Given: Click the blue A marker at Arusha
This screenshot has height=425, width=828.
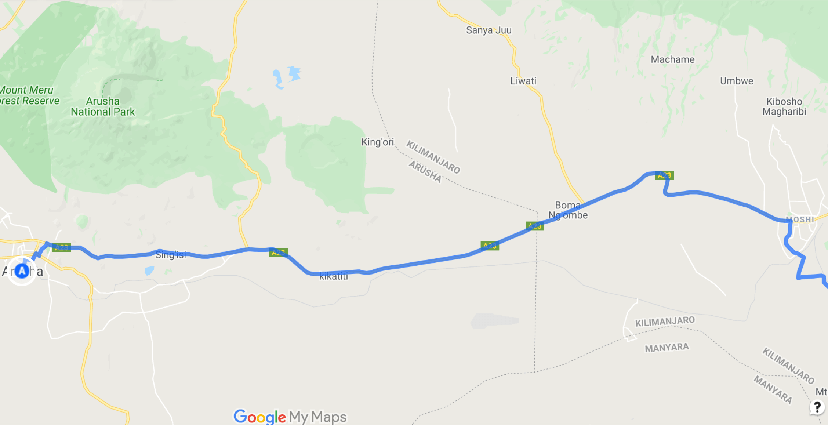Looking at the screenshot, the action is (22, 271).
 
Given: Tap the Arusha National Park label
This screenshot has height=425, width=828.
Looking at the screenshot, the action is (103, 106).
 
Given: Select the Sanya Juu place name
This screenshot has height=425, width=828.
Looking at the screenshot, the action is (489, 30).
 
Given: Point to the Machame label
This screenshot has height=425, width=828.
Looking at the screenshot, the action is (672, 59).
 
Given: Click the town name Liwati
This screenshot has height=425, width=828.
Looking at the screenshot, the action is (523, 81).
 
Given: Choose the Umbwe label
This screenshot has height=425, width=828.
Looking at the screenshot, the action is (736, 81).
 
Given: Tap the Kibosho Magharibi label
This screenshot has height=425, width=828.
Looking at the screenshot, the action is (784, 106).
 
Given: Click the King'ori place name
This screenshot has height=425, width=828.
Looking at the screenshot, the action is (377, 142).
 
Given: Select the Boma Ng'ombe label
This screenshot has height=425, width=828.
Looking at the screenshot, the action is (568, 210).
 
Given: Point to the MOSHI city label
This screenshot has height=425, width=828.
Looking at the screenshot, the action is (800, 219).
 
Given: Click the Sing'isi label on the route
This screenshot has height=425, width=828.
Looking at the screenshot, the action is (171, 255).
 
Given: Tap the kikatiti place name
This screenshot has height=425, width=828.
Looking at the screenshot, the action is (333, 276).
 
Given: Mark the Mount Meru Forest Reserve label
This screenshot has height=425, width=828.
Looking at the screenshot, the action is (28, 95).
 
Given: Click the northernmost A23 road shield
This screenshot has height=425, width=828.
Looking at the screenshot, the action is (664, 175).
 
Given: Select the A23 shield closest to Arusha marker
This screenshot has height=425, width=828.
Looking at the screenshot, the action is (62, 247).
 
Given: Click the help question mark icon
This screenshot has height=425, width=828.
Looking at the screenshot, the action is (817, 407).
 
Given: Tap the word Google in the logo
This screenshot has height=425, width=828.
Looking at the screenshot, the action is (259, 417).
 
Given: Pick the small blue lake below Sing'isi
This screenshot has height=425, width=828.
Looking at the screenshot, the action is (149, 271).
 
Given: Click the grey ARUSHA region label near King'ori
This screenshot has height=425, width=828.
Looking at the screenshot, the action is (425, 171).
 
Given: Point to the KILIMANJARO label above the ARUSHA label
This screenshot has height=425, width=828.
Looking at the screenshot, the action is (433, 157).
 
